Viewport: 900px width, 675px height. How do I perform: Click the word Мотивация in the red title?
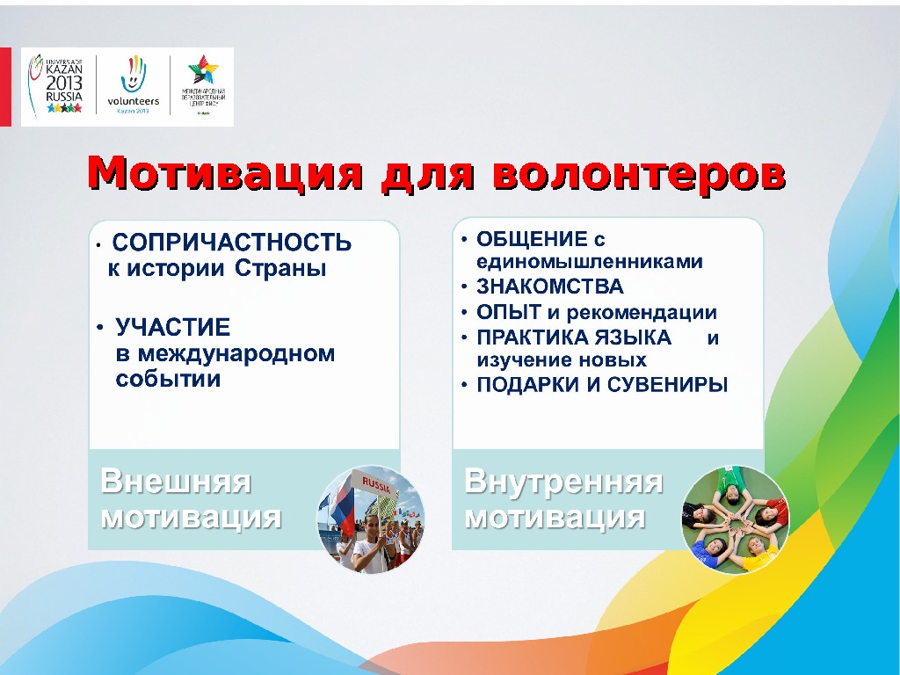click(225, 173)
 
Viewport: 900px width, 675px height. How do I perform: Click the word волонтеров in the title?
click(638, 173)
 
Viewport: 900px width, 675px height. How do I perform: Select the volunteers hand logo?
click(133, 87)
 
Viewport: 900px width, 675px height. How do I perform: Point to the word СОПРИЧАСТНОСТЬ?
click(233, 243)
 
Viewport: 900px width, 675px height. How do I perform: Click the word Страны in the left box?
click(280, 269)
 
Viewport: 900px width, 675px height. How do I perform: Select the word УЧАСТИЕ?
click(173, 328)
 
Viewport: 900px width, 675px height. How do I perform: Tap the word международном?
click(226, 353)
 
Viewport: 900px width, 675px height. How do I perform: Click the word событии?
click(168, 379)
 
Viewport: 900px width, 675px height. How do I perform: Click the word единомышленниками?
click(589, 262)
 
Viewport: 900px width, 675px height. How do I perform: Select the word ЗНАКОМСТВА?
click(549, 287)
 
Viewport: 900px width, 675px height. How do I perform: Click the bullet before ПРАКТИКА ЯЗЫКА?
click(463, 337)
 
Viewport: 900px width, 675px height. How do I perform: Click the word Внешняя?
click(176, 482)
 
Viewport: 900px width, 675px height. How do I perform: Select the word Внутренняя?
click(563, 482)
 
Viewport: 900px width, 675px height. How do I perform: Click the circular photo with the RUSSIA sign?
click(370, 519)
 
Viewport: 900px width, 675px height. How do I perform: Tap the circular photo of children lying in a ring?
click(735, 519)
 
